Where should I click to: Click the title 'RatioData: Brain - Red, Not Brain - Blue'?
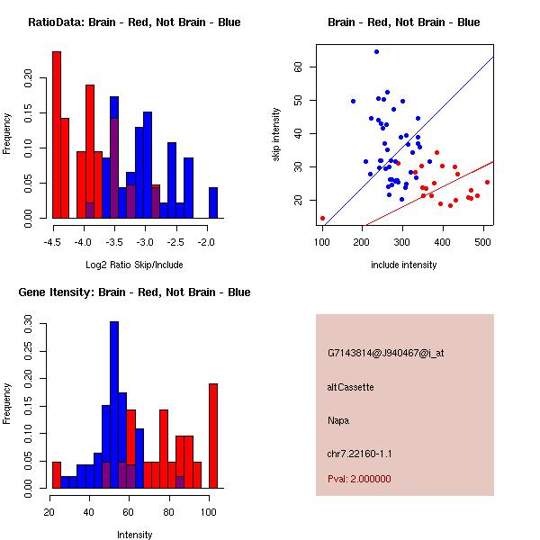tap(134, 22)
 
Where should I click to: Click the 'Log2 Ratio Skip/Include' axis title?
tap(134, 265)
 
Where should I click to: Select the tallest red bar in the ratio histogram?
tap(57, 135)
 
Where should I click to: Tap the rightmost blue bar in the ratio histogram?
tap(213, 202)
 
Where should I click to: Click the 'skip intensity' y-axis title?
tap(277, 135)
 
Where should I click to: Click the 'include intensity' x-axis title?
tap(403, 265)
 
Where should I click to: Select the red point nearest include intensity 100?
tap(322, 218)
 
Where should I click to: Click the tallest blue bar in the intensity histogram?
tap(114, 405)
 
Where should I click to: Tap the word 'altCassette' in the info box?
tap(350, 387)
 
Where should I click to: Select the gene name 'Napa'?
tap(338, 419)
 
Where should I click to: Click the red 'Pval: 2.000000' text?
tap(364, 480)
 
